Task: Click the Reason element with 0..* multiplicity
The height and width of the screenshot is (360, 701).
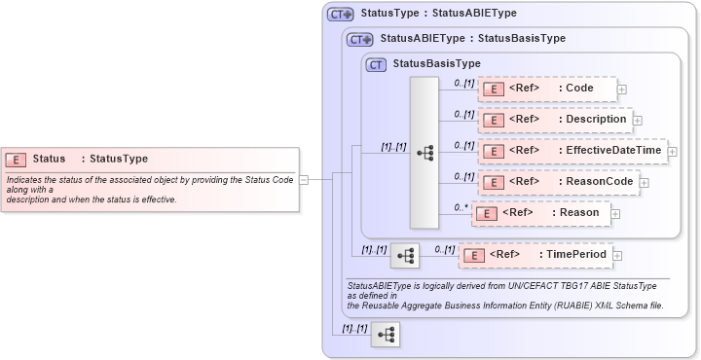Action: coord(540,212)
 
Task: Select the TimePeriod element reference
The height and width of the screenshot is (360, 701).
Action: coord(536,255)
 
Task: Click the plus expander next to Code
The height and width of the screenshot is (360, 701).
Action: coord(622,90)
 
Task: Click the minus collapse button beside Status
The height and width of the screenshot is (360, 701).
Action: coord(304,179)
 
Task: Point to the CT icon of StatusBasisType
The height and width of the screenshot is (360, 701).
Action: coord(376,64)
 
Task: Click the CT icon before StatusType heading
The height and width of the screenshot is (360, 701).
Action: coord(339,15)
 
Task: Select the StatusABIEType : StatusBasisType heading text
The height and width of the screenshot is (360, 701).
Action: coord(472,39)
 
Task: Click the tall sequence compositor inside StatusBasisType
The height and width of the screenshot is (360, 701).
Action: coord(424,153)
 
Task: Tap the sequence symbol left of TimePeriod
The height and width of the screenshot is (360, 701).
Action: coord(405,255)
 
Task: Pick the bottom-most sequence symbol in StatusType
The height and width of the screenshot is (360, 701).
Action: coord(386,334)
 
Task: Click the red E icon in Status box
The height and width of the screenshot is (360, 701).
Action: coord(16,159)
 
